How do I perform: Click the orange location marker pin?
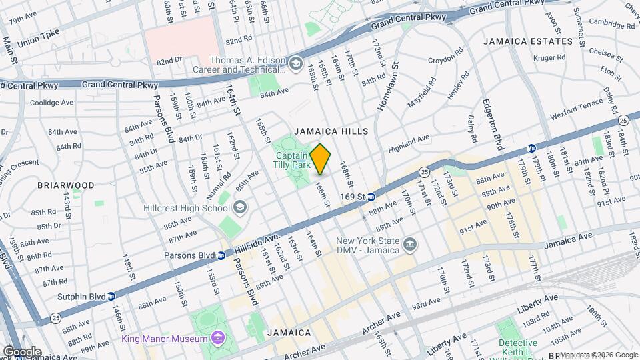[x=320, y=159]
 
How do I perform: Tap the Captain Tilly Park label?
[x=293, y=158]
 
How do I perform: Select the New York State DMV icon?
[x=411, y=245]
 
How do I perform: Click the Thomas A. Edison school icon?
[x=294, y=63]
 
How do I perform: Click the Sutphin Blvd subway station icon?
[x=111, y=295]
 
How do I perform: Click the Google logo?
[x=22, y=351]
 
